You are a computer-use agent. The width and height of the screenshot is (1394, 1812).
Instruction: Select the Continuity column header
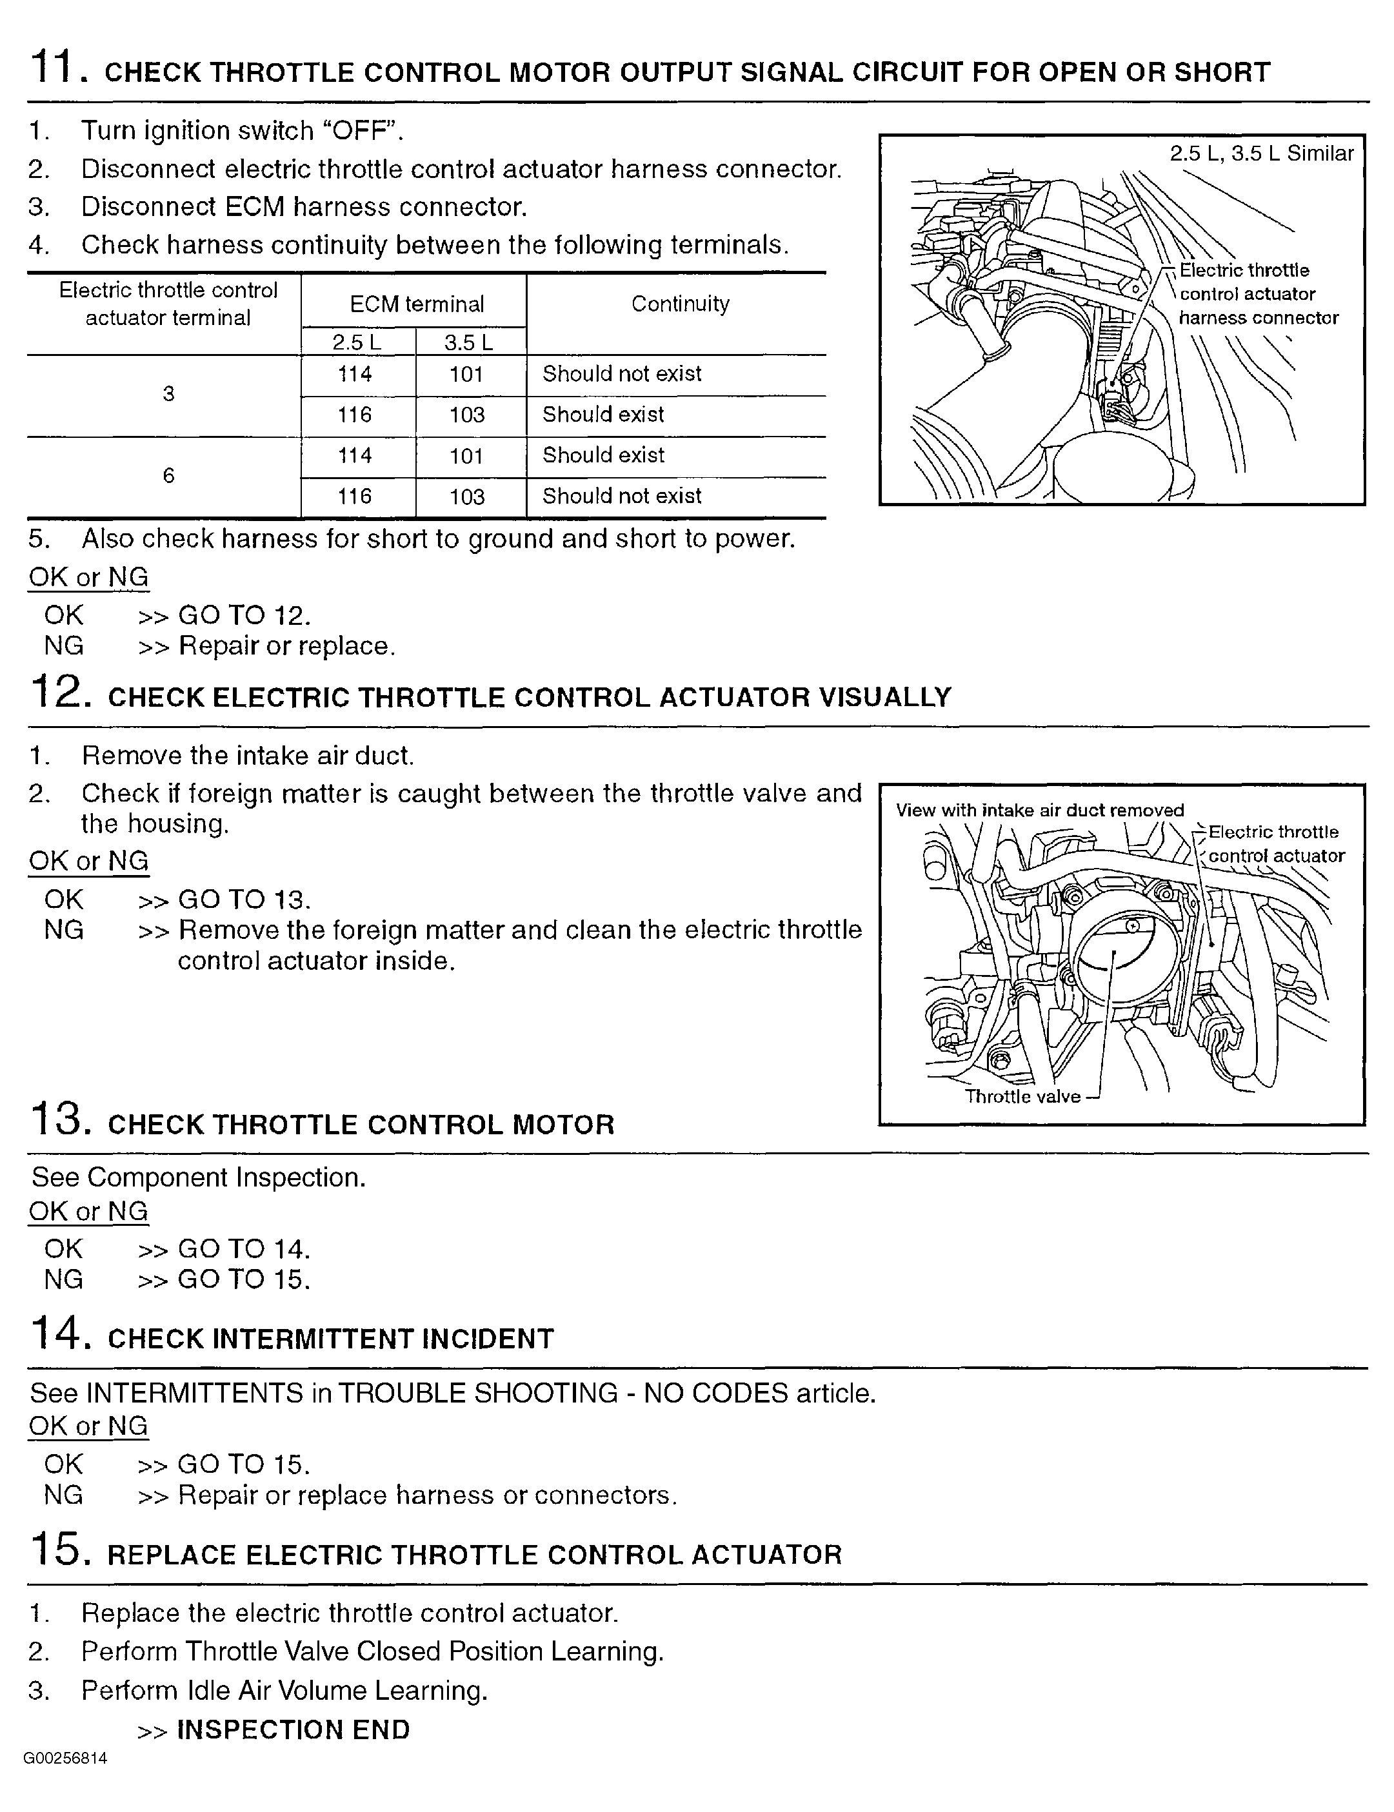[x=679, y=304]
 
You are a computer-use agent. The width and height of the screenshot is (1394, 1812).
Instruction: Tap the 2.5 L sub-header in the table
[x=356, y=342]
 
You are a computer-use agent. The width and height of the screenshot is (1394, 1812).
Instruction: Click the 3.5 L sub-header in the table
[x=469, y=342]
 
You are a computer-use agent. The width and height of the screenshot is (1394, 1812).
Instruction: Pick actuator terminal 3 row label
[x=168, y=394]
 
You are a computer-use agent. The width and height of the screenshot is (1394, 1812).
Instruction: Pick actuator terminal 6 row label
[x=168, y=476]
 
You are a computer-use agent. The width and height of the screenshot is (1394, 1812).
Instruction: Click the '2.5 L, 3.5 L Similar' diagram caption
[x=1261, y=153]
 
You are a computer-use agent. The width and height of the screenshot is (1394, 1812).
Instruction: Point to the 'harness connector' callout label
[x=1258, y=318]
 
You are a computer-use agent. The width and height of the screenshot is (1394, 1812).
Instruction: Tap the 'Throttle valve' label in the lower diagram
[x=1022, y=1096]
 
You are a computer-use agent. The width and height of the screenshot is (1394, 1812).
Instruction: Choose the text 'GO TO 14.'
[x=244, y=1249]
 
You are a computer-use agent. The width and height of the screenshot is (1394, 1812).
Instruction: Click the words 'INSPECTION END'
[x=294, y=1730]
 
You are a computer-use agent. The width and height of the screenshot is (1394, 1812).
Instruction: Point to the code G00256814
[x=66, y=1758]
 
